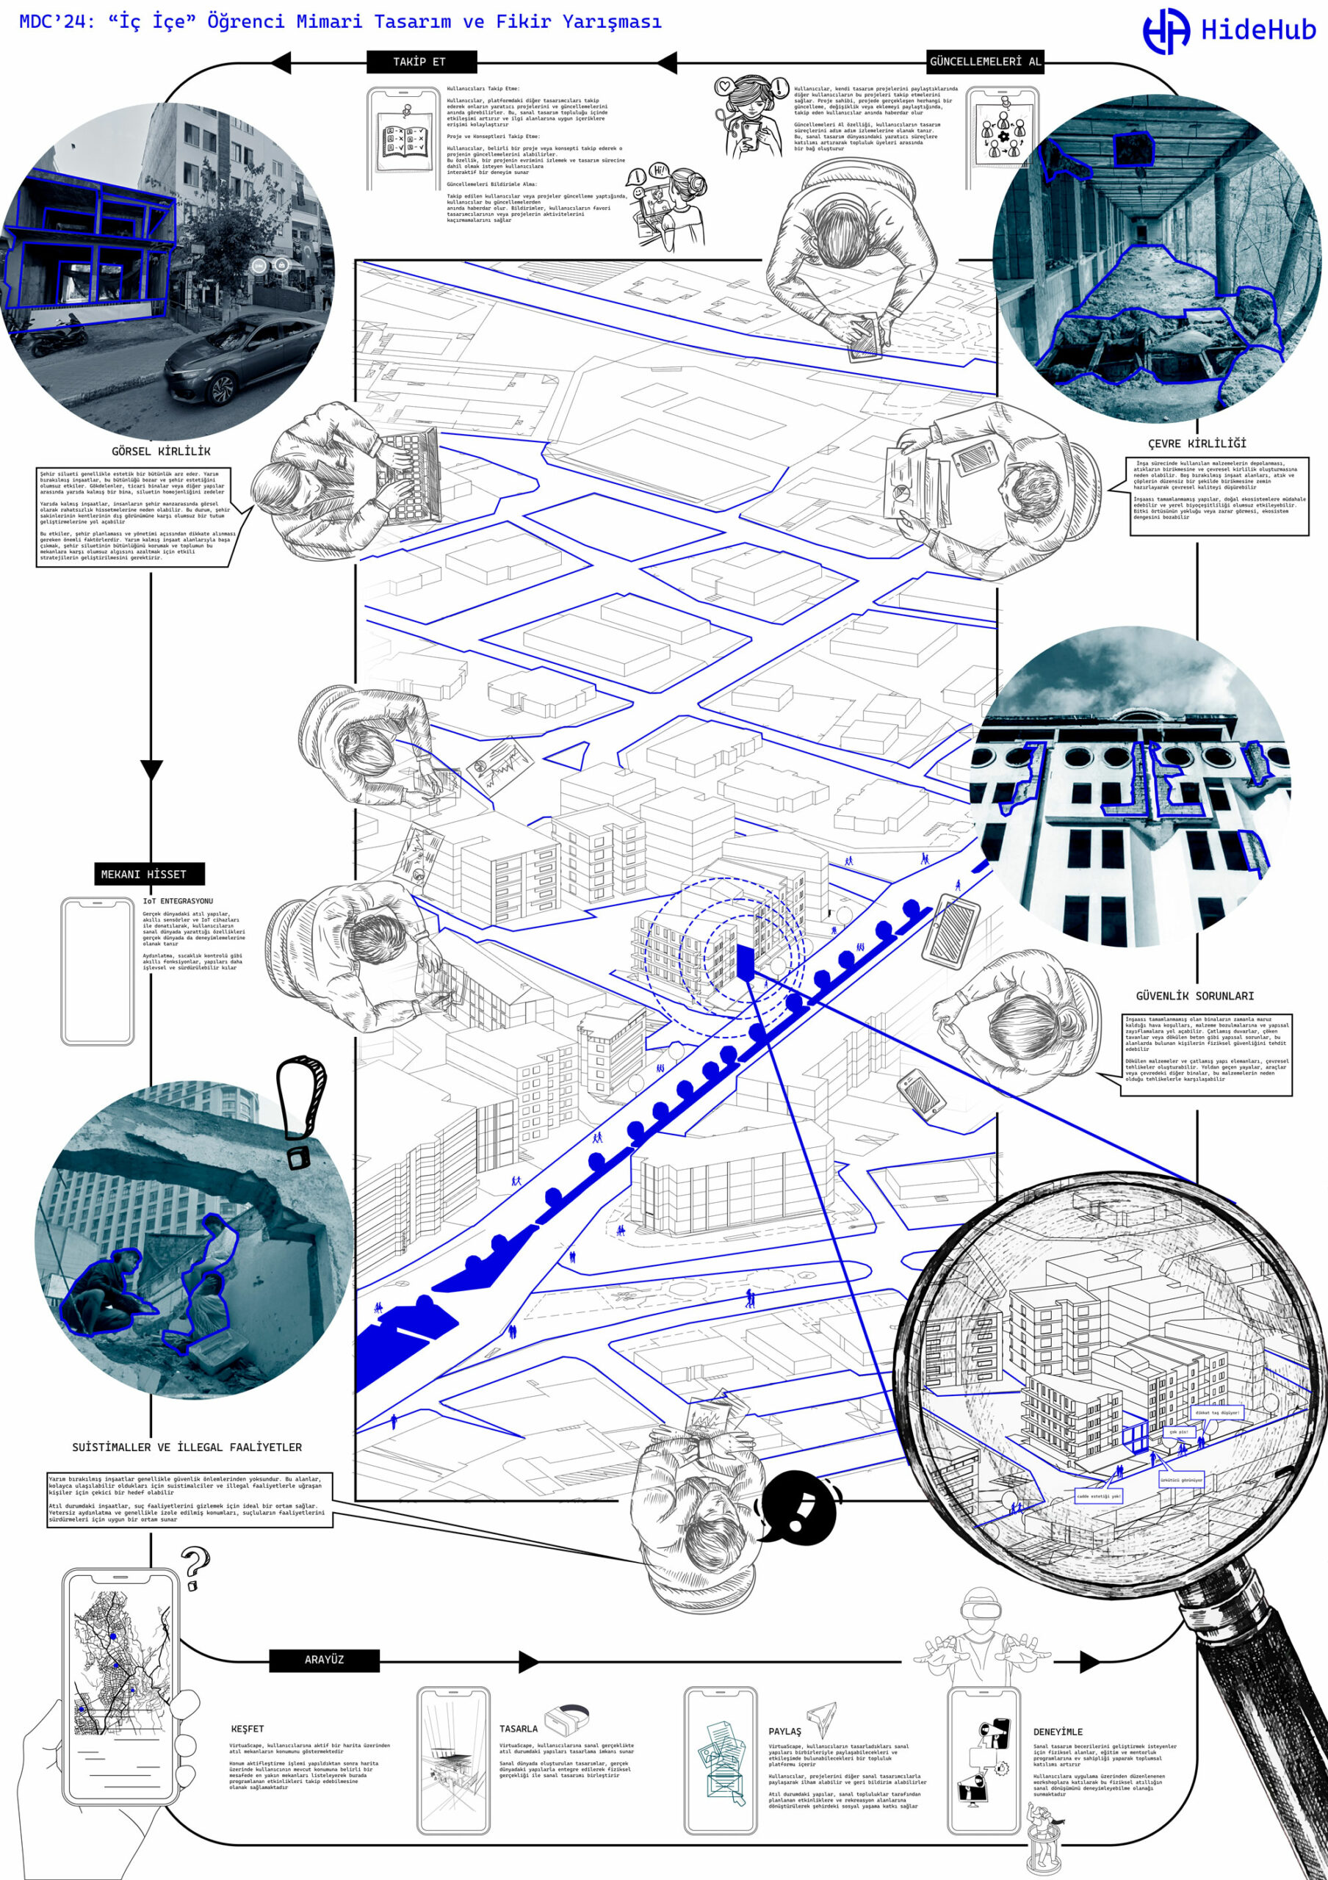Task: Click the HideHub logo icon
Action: pyautogui.click(x=1166, y=31)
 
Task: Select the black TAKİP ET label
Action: pyautogui.click(x=419, y=62)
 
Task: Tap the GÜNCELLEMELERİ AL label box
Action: pyautogui.click(x=985, y=62)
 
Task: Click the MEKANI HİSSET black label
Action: pyautogui.click(x=144, y=874)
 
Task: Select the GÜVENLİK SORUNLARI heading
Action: pyautogui.click(x=1194, y=996)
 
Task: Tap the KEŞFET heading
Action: pyautogui.click(x=248, y=1729)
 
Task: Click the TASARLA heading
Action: pyautogui.click(x=519, y=1729)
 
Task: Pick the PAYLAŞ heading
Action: pyautogui.click(x=785, y=1732)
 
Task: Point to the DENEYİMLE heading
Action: pyautogui.click(x=1058, y=1732)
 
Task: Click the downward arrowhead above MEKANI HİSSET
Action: pyautogui.click(x=151, y=770)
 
